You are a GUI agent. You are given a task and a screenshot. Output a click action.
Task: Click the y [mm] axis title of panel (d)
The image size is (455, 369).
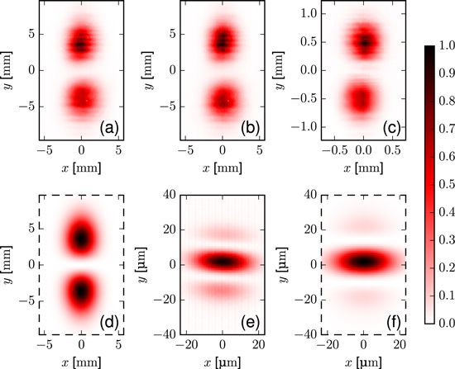click(11, 264)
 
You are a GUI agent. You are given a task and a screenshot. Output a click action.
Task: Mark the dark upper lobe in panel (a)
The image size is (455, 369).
click(80, 42)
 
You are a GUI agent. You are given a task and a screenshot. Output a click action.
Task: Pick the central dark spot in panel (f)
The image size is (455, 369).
click(365, 263)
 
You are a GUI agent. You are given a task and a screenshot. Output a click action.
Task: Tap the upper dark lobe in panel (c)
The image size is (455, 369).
click(365, 42)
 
